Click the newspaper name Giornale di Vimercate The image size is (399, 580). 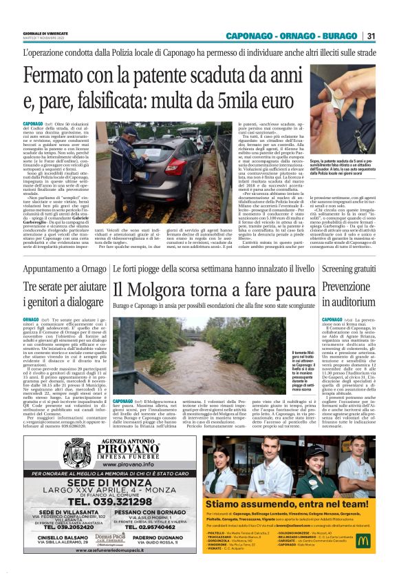pyautogui.click(x=41, y=32)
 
